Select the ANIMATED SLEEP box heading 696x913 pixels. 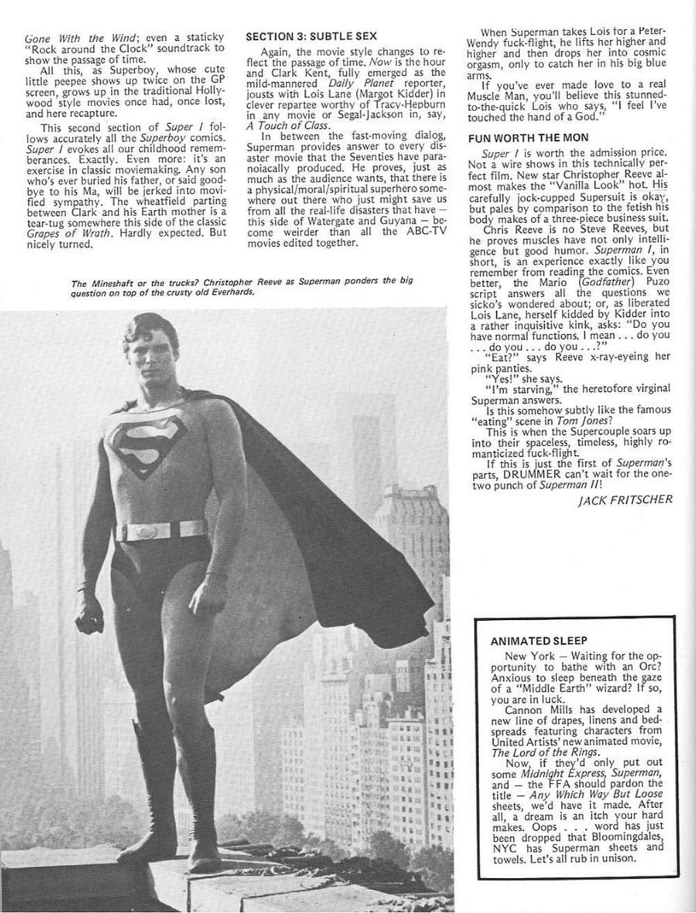point(539,640)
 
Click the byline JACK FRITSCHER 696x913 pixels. point(625,500)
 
